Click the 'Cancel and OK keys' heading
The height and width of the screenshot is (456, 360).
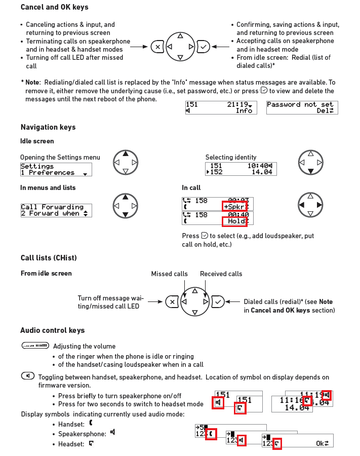click(54, 7)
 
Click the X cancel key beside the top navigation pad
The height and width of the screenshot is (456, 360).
click(157, 47)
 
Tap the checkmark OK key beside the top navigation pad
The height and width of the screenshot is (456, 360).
click(203, 47)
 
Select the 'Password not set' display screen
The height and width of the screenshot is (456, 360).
click(302, 107)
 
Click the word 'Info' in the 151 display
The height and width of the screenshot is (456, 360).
click(244, 110)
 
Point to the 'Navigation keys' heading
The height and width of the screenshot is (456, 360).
click(48, 127)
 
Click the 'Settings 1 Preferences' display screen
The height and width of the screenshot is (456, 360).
click(56, 169)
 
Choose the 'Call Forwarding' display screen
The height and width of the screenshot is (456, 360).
click(56, 210)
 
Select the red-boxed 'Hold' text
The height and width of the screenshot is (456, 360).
click(235, 221)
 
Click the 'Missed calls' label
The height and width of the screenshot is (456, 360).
click(169, 274)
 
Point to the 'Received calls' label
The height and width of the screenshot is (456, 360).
click(221, 274)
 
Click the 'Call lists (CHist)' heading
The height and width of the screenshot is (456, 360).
click(49, 258)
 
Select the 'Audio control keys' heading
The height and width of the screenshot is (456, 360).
click(53, 330)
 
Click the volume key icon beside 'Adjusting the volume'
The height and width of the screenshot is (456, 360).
click(35, 346)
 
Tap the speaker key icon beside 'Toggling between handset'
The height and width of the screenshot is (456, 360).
click(28, 376)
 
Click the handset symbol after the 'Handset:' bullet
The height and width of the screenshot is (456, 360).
click(91, 422)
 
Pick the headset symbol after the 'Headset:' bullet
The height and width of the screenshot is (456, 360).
click(91, 443)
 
